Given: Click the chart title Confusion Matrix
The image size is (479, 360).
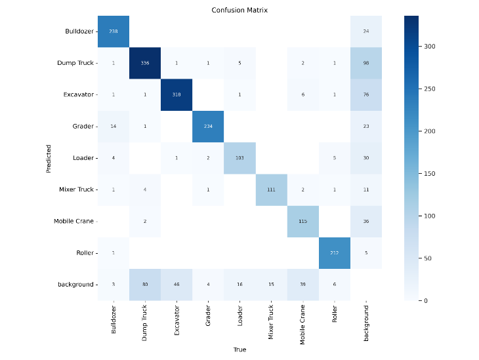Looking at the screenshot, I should [239, 10].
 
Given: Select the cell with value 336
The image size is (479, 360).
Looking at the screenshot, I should [145, 63].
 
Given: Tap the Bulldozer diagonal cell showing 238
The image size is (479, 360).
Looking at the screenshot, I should [114, 31].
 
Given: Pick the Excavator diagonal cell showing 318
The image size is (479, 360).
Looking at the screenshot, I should [177, 94].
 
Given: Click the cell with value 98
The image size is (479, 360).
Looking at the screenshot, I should [366, 63].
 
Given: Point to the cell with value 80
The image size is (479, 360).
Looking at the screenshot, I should [145, 284].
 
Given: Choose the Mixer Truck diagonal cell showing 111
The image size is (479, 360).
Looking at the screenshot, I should [272, 190].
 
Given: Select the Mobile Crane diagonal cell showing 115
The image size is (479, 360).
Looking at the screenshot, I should [303, 221].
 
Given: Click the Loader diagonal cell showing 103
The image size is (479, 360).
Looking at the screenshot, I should [240, 158].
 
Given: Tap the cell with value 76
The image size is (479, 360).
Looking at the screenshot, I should [366, 94].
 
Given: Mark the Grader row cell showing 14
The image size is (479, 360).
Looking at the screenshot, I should [114, 126].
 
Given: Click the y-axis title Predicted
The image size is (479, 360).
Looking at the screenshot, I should [49, 158].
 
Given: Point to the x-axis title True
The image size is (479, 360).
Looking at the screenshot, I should [239, 350].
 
